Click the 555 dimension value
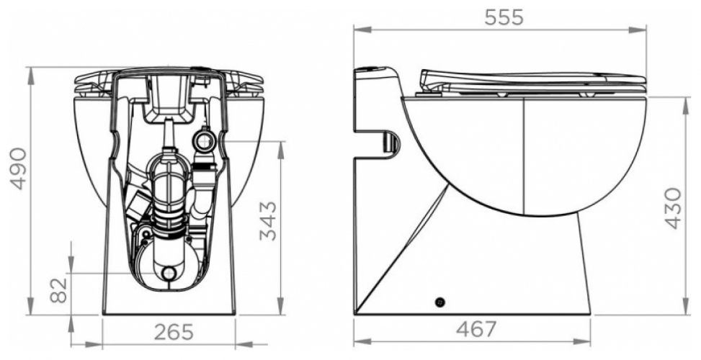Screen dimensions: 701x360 504,17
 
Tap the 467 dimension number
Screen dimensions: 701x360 477,330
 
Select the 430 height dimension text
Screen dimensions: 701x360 672,208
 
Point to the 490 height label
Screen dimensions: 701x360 18,168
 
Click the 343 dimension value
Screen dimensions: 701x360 268,220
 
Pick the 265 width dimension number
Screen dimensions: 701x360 174,331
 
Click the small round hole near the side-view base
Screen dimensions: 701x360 440,302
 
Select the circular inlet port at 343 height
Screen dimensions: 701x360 205,141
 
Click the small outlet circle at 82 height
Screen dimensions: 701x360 169,273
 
